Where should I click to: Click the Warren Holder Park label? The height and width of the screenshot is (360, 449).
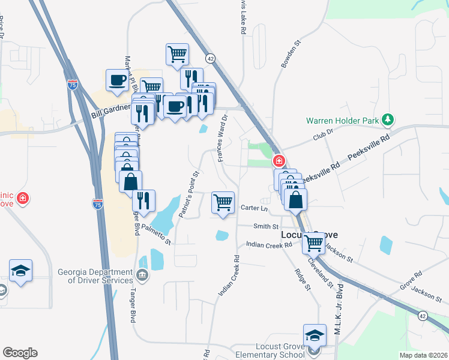tap(343, 121)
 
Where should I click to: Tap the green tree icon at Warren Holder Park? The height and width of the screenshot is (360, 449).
tap(388, 120)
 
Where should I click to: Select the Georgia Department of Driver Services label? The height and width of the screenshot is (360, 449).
tap(95, 276)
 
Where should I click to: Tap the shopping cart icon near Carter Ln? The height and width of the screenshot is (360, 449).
tap(223, 202)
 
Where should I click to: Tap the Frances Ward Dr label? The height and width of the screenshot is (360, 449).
tap(223, 139)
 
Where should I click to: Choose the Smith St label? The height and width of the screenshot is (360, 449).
tap(266, 227)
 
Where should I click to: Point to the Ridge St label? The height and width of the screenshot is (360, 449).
tap(302, 280)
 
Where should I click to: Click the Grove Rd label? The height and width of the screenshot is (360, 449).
tap(414, 277)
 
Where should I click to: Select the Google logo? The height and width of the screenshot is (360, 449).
tap(20, 353)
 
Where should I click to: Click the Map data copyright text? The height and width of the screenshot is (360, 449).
tap(423, 355)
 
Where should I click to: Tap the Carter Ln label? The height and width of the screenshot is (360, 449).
tap(254, 208)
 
